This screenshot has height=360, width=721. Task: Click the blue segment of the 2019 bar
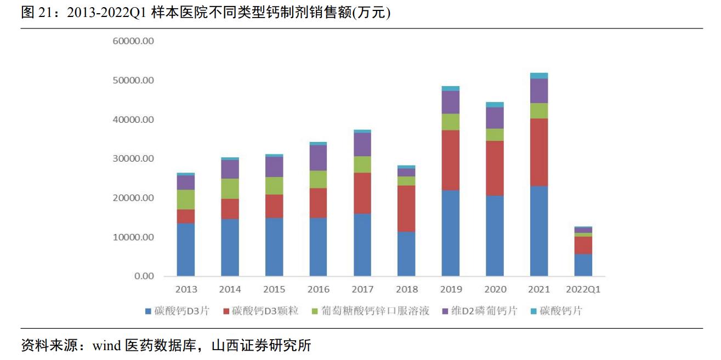(451, 233)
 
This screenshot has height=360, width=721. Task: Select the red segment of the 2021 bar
(539, 152)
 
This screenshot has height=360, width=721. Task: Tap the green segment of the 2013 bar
(186, 199)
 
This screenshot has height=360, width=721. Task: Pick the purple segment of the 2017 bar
(362, 144)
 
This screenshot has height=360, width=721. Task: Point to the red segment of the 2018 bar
(406, 208)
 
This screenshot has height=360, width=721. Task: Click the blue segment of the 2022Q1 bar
(583, 265)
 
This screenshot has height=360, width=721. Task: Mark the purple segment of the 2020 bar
(495, 118)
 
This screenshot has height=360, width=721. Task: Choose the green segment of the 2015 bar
(274, 185)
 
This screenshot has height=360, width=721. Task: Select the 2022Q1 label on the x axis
(583, 289)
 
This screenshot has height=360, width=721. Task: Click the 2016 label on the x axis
(319, 289)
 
